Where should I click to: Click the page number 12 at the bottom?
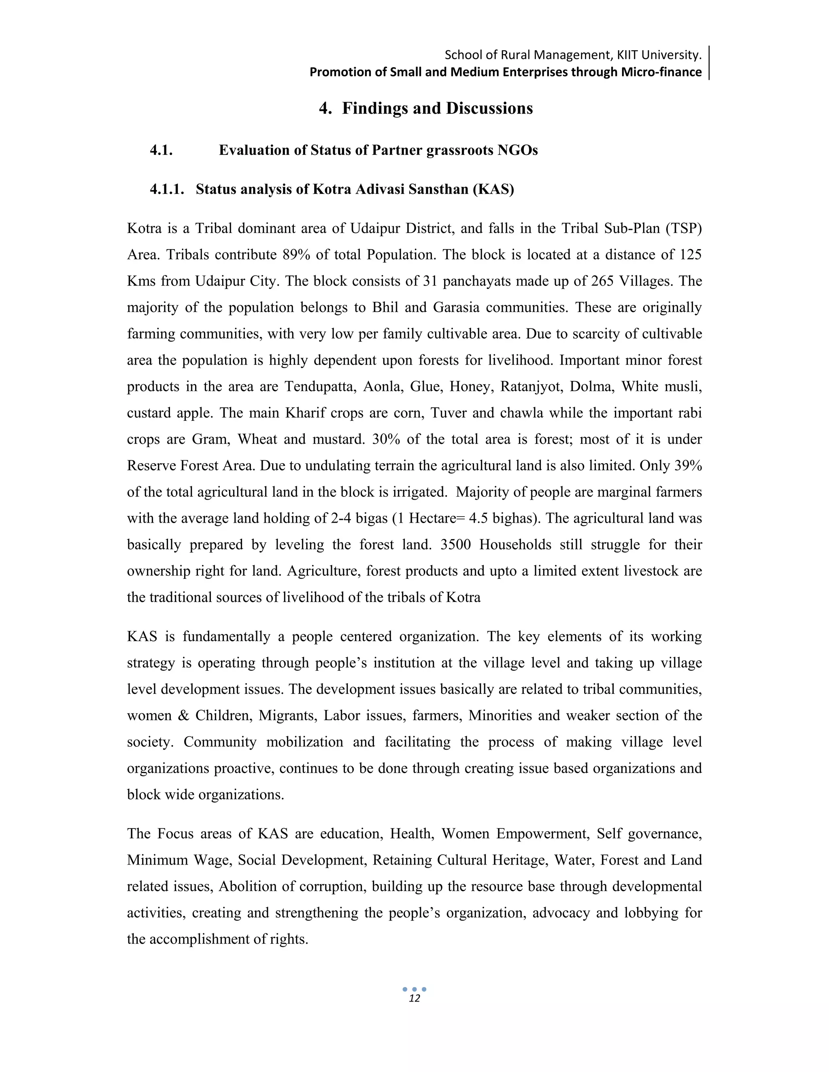(414, 998)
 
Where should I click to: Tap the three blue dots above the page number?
(414, 989)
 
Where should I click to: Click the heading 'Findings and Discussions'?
(437, 108)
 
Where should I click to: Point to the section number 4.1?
(161, 150)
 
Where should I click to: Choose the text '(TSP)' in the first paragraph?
(684, 229)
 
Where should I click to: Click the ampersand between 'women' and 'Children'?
(183, 716)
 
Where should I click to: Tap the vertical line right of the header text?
(709, 63)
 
